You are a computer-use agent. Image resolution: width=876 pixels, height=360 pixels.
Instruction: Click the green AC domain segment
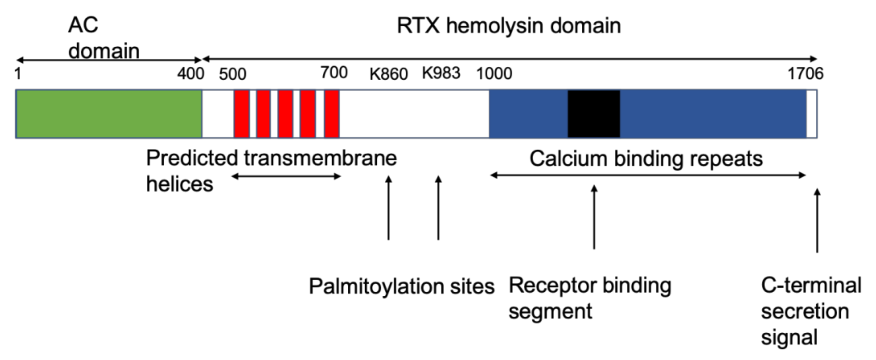(109, 114)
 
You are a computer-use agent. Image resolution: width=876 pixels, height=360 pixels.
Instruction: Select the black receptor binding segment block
(593, 114)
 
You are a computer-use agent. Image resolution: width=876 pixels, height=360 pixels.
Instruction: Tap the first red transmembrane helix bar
(242, 114)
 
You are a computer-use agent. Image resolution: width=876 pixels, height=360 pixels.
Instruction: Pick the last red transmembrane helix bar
(332, 114)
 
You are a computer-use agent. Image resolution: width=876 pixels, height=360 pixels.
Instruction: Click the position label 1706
(805, 74)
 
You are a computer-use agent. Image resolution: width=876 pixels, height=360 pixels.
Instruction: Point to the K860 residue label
(388, 74)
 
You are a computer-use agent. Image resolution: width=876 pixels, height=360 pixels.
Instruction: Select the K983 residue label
(441, 73)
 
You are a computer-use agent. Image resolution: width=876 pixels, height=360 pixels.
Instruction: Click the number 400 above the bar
(190, 74)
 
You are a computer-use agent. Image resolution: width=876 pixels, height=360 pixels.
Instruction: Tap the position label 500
(233, 74)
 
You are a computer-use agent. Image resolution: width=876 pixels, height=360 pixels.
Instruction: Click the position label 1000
(494, 74)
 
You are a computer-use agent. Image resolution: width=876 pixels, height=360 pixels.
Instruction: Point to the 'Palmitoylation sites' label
(401, 286)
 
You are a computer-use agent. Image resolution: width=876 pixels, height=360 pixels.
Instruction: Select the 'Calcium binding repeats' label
(646, 159)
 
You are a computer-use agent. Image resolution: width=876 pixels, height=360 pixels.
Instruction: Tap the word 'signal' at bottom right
(789, 337)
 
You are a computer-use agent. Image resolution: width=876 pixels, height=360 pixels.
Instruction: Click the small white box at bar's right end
(812, 114)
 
